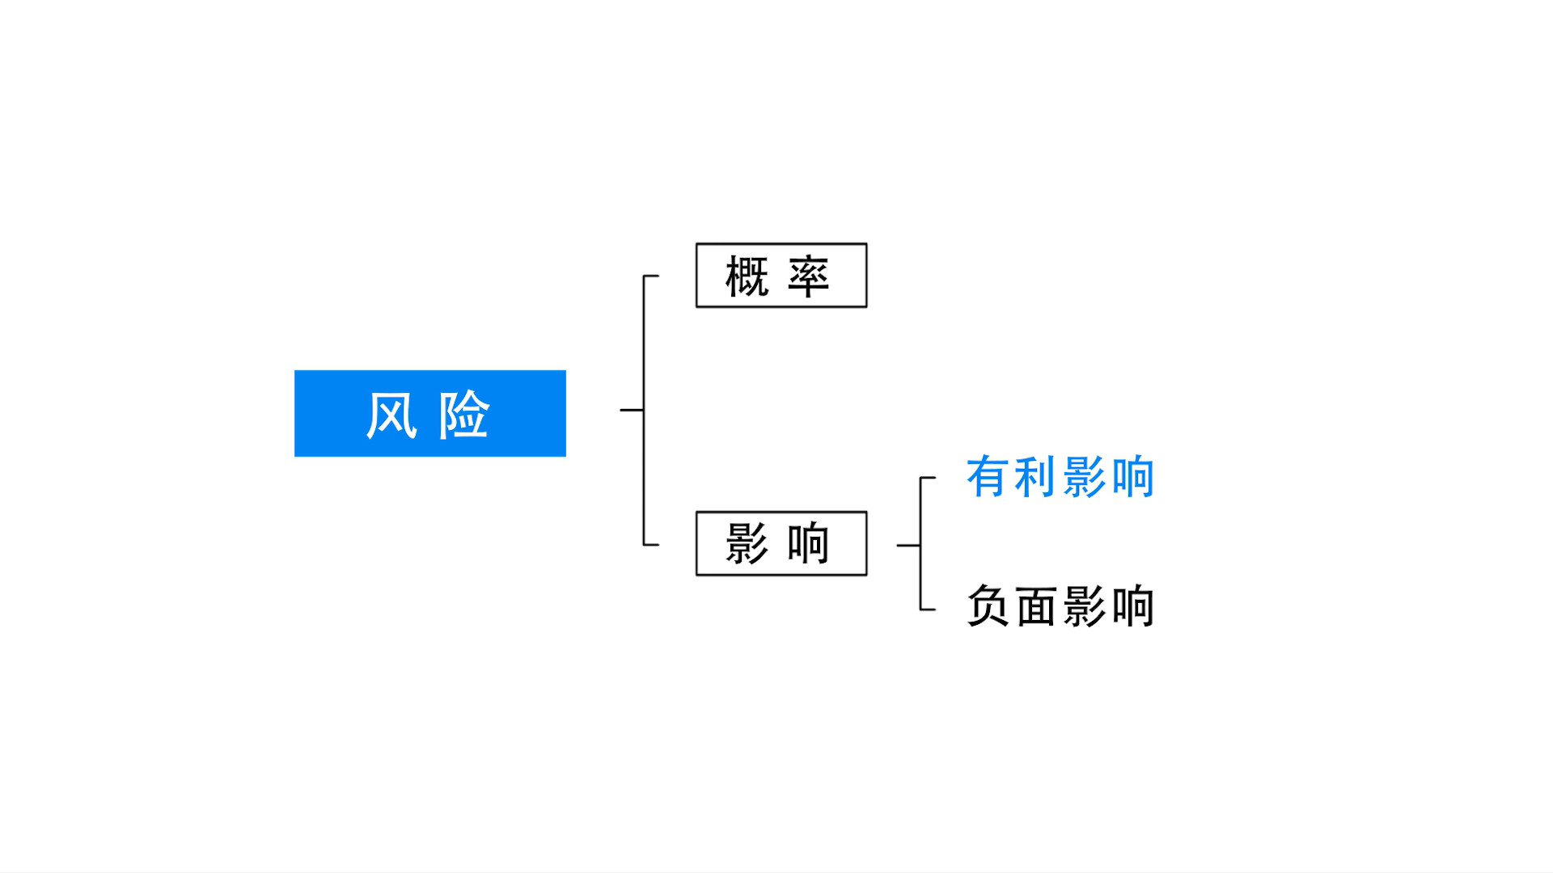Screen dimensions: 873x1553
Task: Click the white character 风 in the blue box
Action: pyautogui.click(x=392, y=415)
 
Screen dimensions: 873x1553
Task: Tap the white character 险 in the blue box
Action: pyautogui.click(x=463, y=415)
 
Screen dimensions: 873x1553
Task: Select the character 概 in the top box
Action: pyautogui.click(x=746, y=276)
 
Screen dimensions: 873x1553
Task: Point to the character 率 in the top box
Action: pyautogui.click(x=808, y=276)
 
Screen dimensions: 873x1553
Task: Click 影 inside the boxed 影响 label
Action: pyautogui.click(x=746, y=543)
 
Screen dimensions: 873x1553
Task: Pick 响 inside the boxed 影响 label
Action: pyautogui.click(x=808, y=543)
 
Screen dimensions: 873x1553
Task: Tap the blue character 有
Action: pyautogui.click(x=987, y=477)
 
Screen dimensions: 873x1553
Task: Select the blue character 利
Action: pyautogui.click(x=1035, y=477)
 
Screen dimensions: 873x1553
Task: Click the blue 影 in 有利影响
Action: pyautogui.click(x=1084, y=477)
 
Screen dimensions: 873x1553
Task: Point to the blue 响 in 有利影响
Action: pyautogui.click(x=1132, y=477)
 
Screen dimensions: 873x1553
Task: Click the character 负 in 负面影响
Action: pyautogui.click(x=987, y=606)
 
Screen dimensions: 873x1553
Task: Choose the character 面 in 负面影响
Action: pyautogui.click(x=1035, y=606)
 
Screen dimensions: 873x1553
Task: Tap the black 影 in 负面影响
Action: pyautogui.click(x=1084, y=606)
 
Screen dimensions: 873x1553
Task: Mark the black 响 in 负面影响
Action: pyautogui.click(x=1132, y=606)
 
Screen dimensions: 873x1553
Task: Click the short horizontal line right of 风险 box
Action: pyautogui.click(x=632, y=410)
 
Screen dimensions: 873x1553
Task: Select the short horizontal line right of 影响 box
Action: pyautogui.click(x=908, y=546)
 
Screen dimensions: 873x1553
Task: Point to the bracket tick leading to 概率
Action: pyautogui.click(x=652, y=276)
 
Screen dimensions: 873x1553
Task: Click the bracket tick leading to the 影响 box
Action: pyautogui.click(x=652, y=545)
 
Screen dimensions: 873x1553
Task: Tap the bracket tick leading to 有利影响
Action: pyautogui.click(x=929, y=478)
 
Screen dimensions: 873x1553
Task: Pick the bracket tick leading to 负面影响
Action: pyautogui.click(x=929, y=609)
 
